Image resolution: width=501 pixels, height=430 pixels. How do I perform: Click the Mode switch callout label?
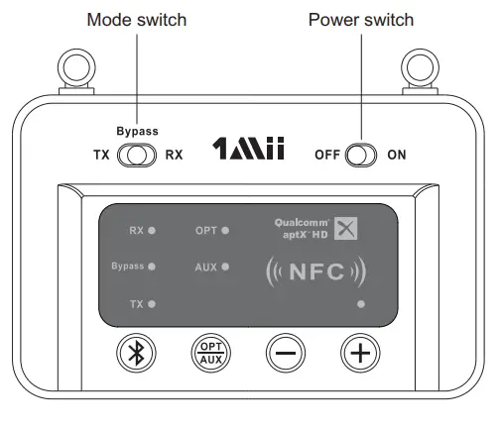[x=136, y=19]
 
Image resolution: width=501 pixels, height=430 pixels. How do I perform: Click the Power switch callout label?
[x=361, y=19]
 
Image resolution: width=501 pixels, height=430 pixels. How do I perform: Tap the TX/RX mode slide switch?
[x=137, y=155]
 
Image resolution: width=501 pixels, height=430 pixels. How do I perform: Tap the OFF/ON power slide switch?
[x=361, y=155]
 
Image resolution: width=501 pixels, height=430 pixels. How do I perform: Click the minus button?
[x=285, y=353]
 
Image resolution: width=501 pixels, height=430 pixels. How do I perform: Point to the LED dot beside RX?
[x=152, y=231]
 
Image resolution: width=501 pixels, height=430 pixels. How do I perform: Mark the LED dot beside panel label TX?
[x=152, y=303]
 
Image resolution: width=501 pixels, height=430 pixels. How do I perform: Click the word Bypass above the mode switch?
[x=137, y=131]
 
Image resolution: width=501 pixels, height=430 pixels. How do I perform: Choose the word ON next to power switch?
[x=397, y=155]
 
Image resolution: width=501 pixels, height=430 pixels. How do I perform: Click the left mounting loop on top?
[x=73, y=68]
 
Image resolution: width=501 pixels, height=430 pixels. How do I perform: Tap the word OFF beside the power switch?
[x=327, y=155]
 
